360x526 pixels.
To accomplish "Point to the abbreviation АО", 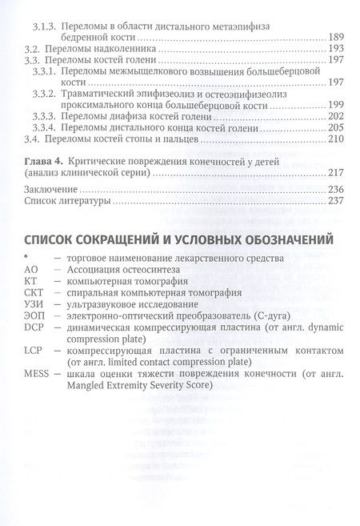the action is pos(31,271).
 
